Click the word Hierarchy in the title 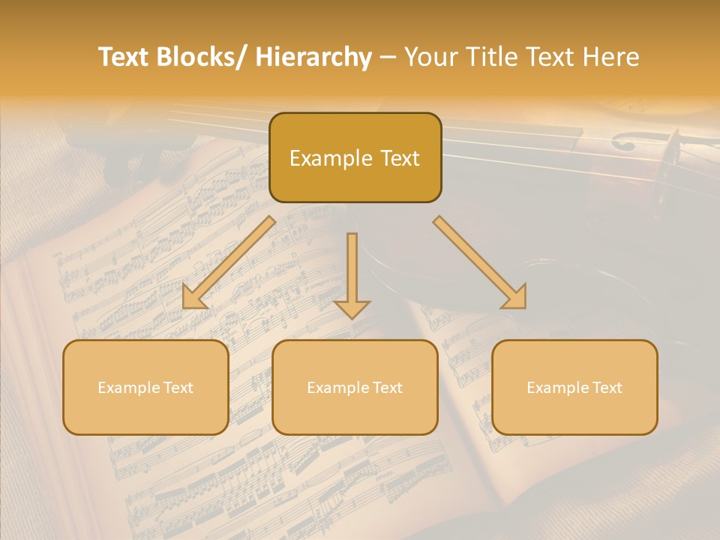(x=313, y=58)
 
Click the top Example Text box (x=355, y=157)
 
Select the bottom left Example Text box (x=145, y=387)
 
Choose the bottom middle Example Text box (x=355, y=387)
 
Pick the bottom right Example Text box (x=574, y=387)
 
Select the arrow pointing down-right (x=481, y=263)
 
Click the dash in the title (x=388, y=58)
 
